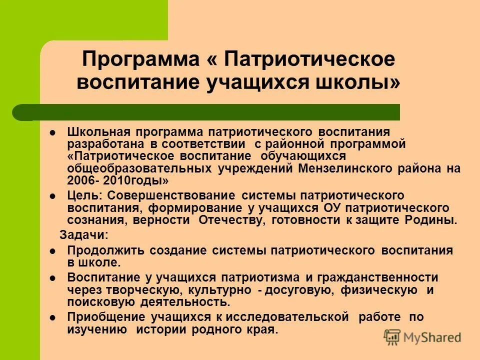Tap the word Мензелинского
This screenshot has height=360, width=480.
click(x=347, y=168)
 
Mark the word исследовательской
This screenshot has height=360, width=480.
click(x=286, y=317)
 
